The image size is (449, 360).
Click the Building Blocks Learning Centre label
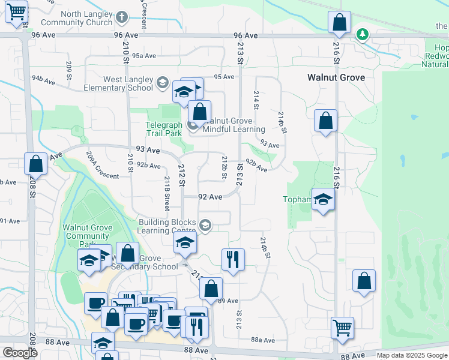[167, 226]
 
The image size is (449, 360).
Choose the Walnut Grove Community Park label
[87, 232]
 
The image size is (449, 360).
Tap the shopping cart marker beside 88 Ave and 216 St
[342, 328]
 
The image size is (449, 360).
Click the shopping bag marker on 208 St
[35, 163]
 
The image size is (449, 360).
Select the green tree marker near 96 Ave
[363, 34]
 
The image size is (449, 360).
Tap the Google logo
[20, 352]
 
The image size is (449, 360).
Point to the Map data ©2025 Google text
[412, 355]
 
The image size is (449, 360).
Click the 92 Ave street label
[210, 197]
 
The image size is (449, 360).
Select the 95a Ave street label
[144, 56]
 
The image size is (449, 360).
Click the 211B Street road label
[167, 188]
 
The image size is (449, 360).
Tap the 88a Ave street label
[263, 340]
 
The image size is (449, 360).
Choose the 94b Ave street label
[46, 79]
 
